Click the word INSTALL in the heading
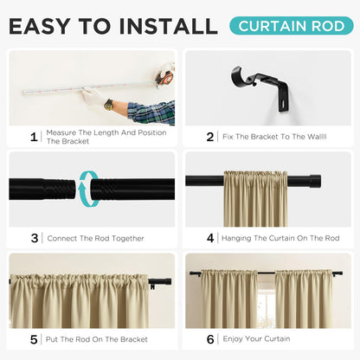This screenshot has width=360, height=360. click(x=159, y=26)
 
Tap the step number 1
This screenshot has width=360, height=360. click(x=34, y=136)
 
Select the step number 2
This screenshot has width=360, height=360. click(x=210, y=136)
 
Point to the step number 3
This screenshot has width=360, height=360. click(x=34, y=238)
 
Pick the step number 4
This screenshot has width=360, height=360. click(x=210, y=238)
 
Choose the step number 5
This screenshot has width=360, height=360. click(x=34, y=339)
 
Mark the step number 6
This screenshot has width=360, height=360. click(x=210, y=339)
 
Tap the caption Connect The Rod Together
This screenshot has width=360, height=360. click(x=95, y=238)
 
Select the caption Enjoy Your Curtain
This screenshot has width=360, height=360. click(x=256, y=339)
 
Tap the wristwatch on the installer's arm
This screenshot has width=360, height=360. click(x=109, y=105)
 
